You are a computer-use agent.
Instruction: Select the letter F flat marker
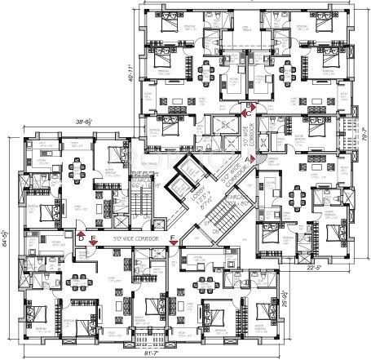[x=172, y=238]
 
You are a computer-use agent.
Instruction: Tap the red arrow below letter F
[x=172, y=246]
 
